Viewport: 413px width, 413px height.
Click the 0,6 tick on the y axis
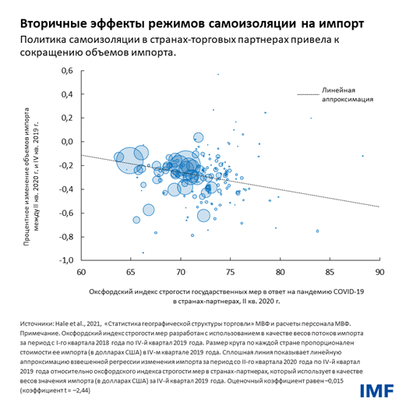(x=67, y=71)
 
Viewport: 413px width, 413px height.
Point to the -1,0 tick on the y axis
(x=65, y=259)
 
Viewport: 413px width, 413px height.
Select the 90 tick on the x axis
(x=379, y=273)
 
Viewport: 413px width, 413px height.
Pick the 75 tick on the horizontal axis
(x=230, y=273)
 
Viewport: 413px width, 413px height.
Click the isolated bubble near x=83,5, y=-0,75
(x=317, y=231)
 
